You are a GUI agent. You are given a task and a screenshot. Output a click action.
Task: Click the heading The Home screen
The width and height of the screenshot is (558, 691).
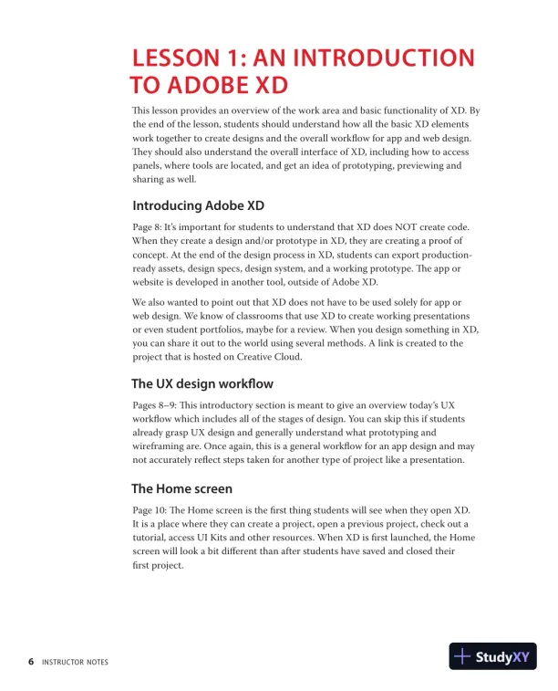tap(181, 488)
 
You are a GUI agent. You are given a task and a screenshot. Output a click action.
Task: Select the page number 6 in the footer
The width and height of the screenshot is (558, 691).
tap(31, 662)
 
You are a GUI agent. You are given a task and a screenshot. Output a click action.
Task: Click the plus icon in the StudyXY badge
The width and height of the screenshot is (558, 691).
tap(462, 656)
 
